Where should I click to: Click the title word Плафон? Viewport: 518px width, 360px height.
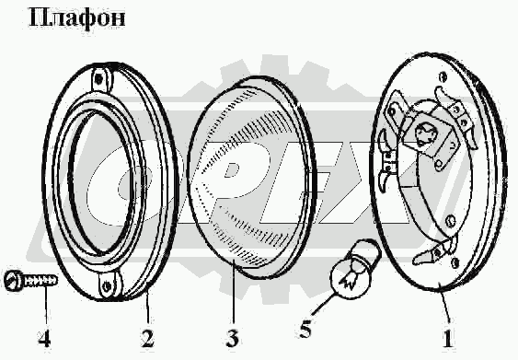click(77, 18)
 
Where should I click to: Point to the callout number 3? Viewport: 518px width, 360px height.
click(233, 338)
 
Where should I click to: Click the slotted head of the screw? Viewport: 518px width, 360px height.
click(13, 281)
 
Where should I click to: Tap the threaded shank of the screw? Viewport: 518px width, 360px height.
click(39, 281)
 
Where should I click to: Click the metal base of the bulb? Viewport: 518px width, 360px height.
click(370, 252)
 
